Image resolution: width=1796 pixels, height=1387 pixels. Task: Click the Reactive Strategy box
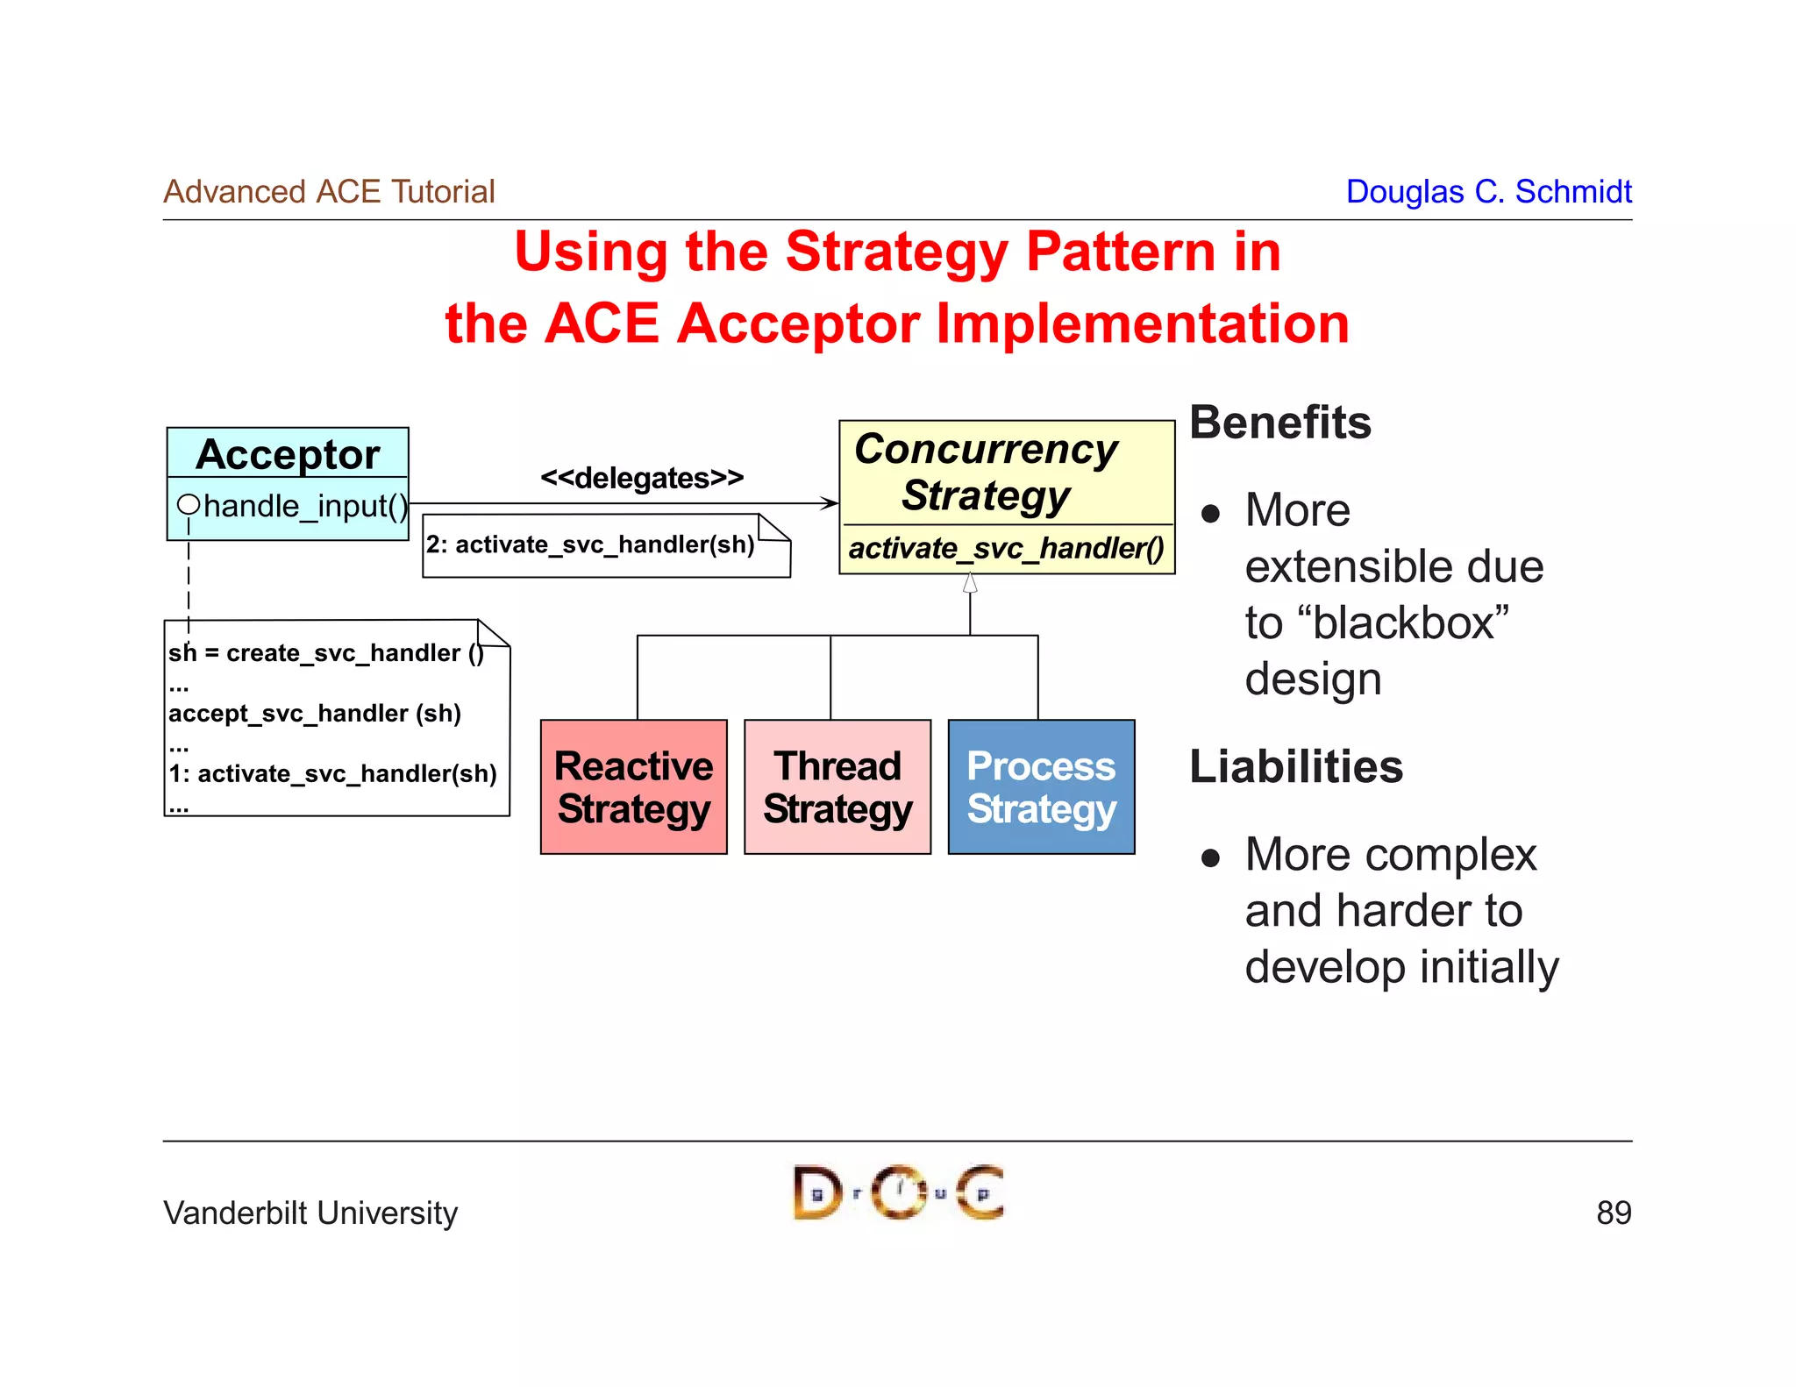[633, 786]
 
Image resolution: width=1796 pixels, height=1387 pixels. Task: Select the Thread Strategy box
[837, 786]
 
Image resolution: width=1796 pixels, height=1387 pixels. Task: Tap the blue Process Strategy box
[1041, 786]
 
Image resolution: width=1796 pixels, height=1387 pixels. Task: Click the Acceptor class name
[288, 454]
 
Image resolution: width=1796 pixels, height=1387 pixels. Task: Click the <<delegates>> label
[642, 478]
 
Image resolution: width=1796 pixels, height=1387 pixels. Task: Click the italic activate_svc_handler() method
[1006, 549]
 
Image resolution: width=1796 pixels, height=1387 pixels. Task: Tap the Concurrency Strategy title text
[986, 472]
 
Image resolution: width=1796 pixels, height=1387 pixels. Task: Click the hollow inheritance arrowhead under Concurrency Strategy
[970, 583]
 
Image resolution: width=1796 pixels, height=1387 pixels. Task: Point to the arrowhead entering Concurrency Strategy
[830, 503]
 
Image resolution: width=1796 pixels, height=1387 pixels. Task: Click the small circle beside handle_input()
[188, 504]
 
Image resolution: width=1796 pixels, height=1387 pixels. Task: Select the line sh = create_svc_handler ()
[325, 653]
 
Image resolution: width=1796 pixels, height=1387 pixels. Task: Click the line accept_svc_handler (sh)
[314, 713]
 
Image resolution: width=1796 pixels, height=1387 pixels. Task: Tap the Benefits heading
[1279, 423]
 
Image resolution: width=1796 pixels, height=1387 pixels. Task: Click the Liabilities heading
[1295, 766]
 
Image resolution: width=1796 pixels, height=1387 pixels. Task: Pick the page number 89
[1613, 1213]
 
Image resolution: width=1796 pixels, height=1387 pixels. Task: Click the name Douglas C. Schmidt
[1488, 191]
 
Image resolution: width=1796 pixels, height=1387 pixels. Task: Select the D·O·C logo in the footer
[898, 1192]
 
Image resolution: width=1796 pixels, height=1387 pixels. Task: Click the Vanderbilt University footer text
[310, 1213]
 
